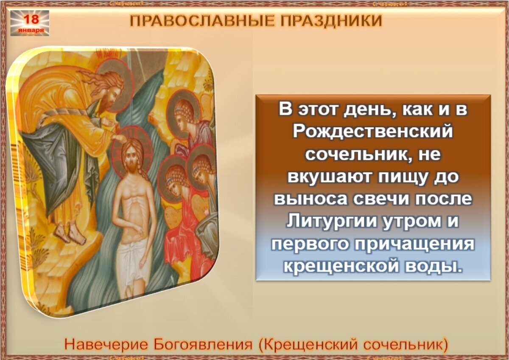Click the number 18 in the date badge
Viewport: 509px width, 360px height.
[x=30, y=19]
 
